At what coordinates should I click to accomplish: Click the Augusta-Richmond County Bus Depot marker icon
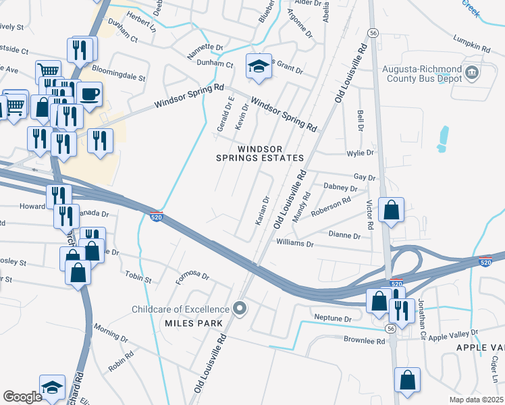pyautogui.click(x=473, y=73)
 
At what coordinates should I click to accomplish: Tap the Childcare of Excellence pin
pyautogui.click(x=239, y=309)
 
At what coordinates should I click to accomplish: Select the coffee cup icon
pyautogui.click(x=88, y=93)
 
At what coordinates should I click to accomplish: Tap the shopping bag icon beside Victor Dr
pyautogui.click(x=391, y=210)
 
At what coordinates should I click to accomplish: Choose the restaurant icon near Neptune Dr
pyautogui.click(x=401, y=310)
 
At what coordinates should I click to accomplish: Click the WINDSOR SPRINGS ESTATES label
pyautogui.click(x=259, y=153)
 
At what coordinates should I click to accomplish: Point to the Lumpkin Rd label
pyautogui.click(x=472, y=47)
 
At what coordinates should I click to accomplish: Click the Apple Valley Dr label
pyautogui.click(x=453, y=333)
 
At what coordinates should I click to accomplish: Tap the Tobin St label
pyautogui.click(x=138, y=276)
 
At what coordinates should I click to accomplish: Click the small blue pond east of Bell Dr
pyautogui.click(x=443, y=138)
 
